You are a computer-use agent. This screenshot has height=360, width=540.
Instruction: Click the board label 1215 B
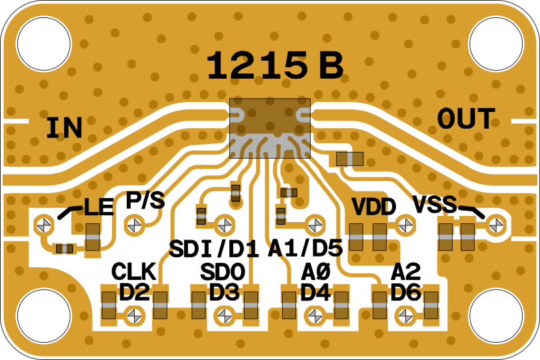pyautogui.click(x=275, y=66)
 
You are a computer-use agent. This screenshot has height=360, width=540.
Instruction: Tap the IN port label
pyautogui.click(x=64, y=127)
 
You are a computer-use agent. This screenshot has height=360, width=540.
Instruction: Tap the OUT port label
pyautogui.click(x=466, y=119)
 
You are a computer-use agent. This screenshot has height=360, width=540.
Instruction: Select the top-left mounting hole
pyautogui.click(x=43, y=43)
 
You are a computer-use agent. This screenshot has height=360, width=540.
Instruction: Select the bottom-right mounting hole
pyautogui.click(x=496, y=315)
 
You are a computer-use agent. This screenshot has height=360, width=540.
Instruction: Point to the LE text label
pyautogui.click(x=98, y=208)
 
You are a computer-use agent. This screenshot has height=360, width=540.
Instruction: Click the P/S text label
pyautogui.click(x=145, y=200)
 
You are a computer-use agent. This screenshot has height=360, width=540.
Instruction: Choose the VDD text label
pyautogui.click(x=374, y=207)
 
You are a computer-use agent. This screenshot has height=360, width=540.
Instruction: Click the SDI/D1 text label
pyautogui.click(x=213, y=249)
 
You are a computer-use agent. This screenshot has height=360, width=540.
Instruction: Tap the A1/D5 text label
pyautogui.click(x=305, y=249)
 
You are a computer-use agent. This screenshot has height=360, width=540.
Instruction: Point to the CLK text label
pyautogui.click(x=133, y=271)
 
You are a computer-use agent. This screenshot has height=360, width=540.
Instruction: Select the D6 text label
pyautogui.click(x=405, y=292)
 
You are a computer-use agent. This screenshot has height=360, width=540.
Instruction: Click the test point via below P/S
pyautogui.click(x=134, y=224)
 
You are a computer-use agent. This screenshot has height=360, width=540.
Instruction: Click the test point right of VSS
pyautogui.click(x=494, y=225)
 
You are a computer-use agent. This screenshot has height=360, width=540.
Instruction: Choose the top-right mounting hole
pyautogui.click(x=496, y=43)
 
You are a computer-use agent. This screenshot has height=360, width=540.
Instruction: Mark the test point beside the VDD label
pyautogui.click(x=404, y=225)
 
